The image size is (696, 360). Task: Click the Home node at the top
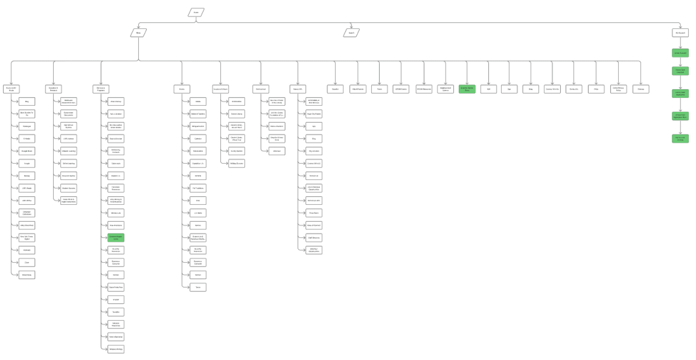pyautogui.click(x=196, y=12)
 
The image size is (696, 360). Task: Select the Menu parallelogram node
pyautogui.click(x=139, y=33)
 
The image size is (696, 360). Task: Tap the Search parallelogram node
pyautogui.click(x=351, y=33)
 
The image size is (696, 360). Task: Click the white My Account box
pyautogui.click(x=680, y=33)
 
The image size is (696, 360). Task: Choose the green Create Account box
pyautogui.click(x=680, y=53)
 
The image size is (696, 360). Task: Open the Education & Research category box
pyautogui.click(x=54, y=89)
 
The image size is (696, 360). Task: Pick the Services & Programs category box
pyautogui.click(x=101, y=89)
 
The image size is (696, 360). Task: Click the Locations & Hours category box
pyautogui.click(x=220, y=89)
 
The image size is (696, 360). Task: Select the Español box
pyautogui.click(x=335, y=89)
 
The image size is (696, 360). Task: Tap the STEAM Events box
pyautogui.click(x=401, y=89)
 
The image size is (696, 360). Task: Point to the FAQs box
pyautogui.click(x=596, y=89)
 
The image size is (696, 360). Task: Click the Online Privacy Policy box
pyautogui.click(x=618, y=89)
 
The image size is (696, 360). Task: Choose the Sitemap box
pyautogui.click(x=641, y=89)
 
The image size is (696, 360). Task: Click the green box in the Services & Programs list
pyautogui.click(x=116, y=238)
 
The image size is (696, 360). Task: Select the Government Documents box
pyautogui.click(x=68, y=114)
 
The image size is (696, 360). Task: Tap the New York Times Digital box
pyautogui.click(x=27, y=238)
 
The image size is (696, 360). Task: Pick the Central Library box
pyautogui.click(x=237, y=114)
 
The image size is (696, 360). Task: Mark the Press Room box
pyautogui.click(x=314, y=213)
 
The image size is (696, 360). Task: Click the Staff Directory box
pyautogui.click(x=314, y=238)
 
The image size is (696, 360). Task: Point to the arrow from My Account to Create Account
pyautogui.click(x=680, y=43)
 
